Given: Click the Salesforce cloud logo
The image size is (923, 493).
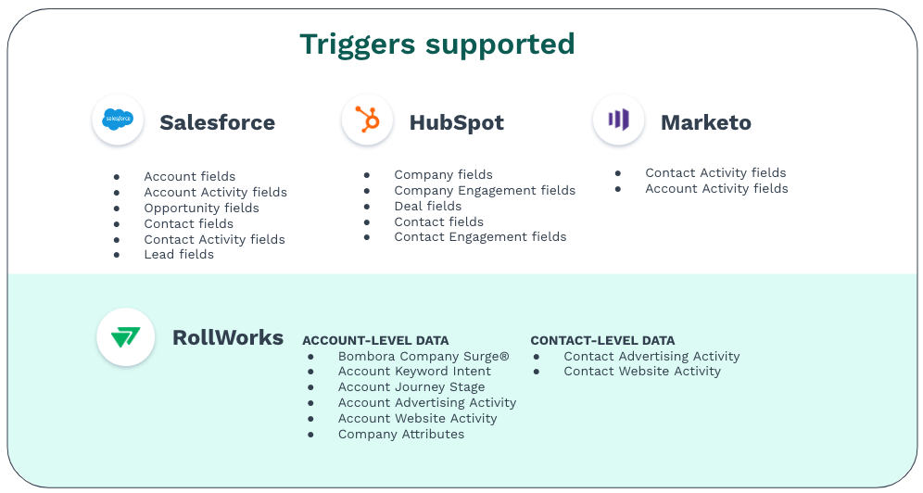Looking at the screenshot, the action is (118, 119).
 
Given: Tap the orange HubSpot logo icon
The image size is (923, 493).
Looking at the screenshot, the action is (367, 119).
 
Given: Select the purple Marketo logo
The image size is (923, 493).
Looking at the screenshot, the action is (619, 120).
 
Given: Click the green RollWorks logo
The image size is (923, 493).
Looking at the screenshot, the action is (125, 337).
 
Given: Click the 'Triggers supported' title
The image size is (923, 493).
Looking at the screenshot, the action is (437, 44).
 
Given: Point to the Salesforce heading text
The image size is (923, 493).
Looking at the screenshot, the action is (217, 122).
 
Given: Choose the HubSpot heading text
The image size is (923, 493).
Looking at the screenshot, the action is (457, 122).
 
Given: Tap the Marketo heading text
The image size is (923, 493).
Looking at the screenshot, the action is (706, 122).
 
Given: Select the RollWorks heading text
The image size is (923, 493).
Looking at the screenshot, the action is (228, 337).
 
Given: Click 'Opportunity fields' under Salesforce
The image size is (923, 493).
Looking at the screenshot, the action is (201, 209).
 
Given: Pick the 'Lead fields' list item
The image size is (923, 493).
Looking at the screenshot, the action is (179, 254).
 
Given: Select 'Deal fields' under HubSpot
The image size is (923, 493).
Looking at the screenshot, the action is (428, 206).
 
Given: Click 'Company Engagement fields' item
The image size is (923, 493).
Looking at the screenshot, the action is (485, 191).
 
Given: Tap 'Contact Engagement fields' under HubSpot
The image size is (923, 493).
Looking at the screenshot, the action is (480, 237).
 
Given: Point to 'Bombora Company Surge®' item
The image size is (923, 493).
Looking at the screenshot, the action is (424, 357).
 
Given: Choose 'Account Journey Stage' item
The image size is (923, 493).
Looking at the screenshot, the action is (411, 387).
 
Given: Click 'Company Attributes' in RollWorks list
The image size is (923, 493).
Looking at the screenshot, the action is (401, 435).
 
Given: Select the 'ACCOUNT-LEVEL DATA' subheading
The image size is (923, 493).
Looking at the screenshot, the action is (375, 341).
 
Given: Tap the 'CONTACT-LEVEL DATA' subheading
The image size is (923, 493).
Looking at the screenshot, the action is (602, 341).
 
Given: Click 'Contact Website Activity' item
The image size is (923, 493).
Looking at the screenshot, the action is (642, 372).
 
